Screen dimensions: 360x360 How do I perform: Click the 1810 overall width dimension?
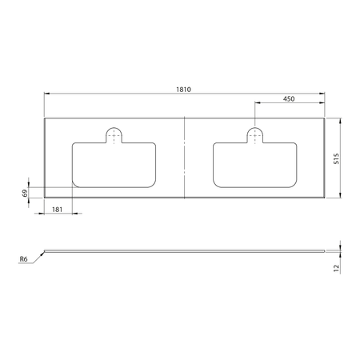pyautogui.click(x=183, y=89)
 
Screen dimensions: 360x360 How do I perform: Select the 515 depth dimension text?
pyautogui.click(x=338, y=158)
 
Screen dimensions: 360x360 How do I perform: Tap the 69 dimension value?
pyautogui.click(x=25, y=193)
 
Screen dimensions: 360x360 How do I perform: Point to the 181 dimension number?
pyautogui.click(x=58, y=209)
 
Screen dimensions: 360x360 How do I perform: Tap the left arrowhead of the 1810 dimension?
pyautogui.click(x=46, y=94)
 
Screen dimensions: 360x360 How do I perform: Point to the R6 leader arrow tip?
pyautogui.click(x=45, y=251)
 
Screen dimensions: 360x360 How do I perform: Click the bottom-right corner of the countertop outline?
pyautogui.click(x=325, y=197)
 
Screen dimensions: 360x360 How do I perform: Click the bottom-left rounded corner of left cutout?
pyautogui.click(x=75, y=185)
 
